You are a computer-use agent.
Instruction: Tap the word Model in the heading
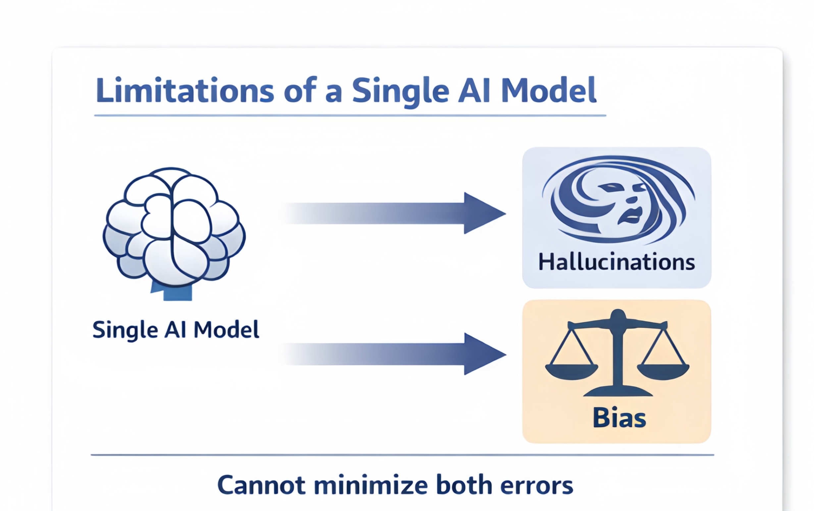(x=549, y=90)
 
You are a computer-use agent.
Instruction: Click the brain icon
(x=174, y=233)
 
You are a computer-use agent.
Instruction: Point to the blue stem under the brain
(x=172, y=291)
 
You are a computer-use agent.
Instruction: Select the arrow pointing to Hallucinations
(x=393, y=213)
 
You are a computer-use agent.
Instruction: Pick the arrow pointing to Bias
(x=393, y=354)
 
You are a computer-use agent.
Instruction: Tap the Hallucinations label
(x=617, y=262)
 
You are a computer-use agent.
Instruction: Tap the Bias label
(x=620, y=418)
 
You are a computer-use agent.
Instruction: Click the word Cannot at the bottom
(x=261, y=485)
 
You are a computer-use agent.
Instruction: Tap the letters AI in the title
(x=474, y=90)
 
